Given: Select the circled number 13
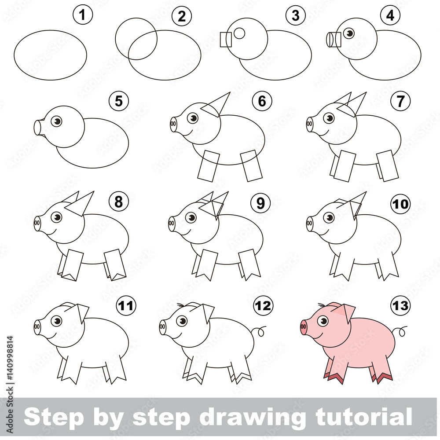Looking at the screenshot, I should point(400,304).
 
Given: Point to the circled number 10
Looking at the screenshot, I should point(400,204).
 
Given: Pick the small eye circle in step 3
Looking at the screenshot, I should point(239,33).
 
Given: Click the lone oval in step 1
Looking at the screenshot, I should point(50,55).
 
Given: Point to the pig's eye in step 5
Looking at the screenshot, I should point(56,121).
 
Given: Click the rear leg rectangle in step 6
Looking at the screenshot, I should point(251,165).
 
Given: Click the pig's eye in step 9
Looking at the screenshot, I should point(191,218).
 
